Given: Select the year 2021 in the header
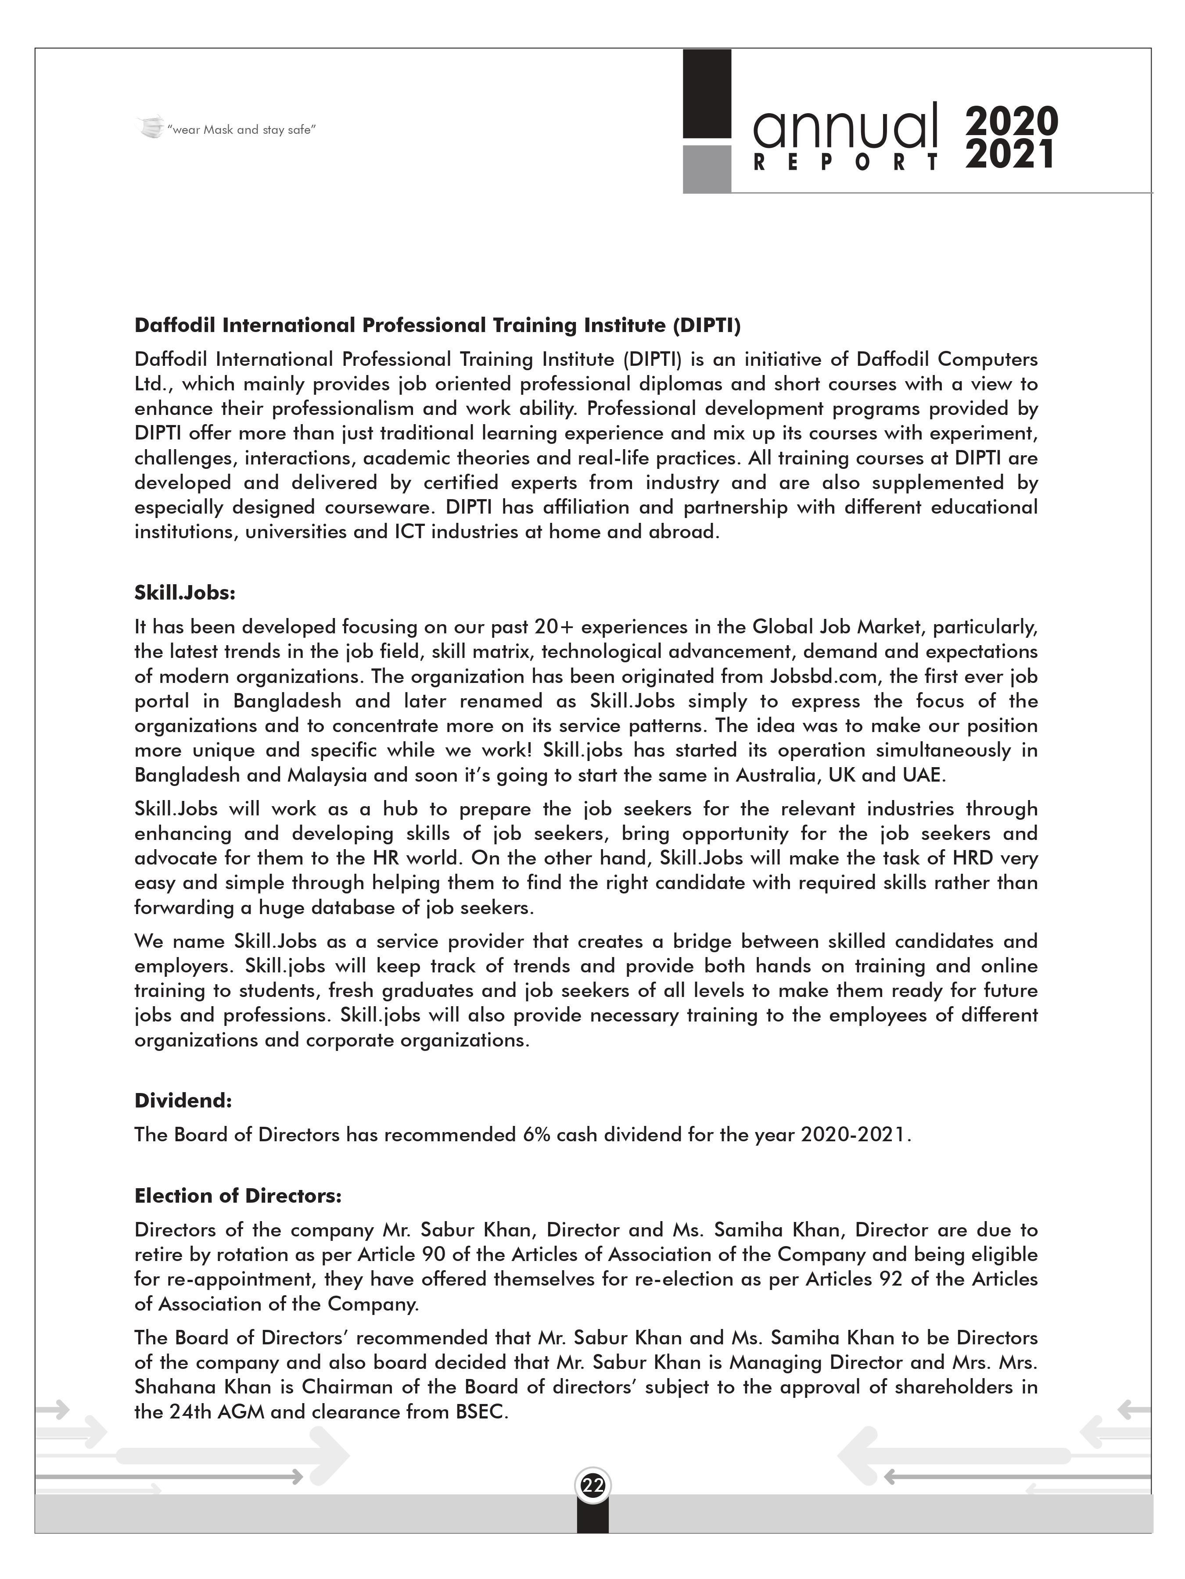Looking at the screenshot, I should [1010, 155].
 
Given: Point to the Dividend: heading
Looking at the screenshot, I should [183, 1101].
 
